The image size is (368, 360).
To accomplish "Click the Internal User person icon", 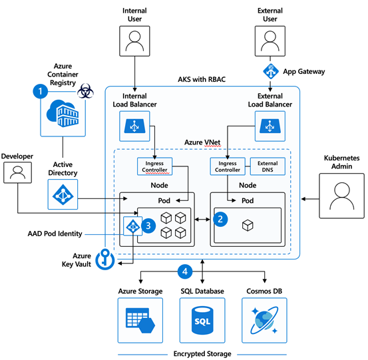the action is [x=134, y=41].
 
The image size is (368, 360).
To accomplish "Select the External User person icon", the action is [x=270, y=41].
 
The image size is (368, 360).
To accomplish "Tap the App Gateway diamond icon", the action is [x=271, y=71].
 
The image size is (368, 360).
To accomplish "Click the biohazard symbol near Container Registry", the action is [x=85, y=90].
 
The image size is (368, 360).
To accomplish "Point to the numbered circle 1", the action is [x=41, y=91].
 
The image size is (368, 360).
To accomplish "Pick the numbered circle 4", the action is [x=185, y=271].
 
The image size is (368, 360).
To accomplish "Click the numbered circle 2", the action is [x=220, y=219].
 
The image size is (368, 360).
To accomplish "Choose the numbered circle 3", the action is [x=148, y=226].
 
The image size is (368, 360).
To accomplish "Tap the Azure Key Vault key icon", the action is [x=105, y=259].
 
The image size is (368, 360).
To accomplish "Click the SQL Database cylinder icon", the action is [x=202, y=320].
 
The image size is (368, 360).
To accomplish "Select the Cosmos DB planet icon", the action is [x=264, y=320].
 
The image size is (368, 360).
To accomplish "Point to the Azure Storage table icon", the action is [x=140, y=320].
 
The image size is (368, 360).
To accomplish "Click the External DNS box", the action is [x=268, y=166].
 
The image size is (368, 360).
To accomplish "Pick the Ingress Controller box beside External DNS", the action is [x=228, y=166].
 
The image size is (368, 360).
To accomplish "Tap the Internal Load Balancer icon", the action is [x=134, y=126].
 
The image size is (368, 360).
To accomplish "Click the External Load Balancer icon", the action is [x=270, y=126].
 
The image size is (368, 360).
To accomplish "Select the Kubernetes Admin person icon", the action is [x=342, y=196].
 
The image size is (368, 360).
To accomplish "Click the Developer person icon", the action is [x=17, y=172].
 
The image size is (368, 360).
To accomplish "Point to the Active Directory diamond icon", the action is [x=63, y=194].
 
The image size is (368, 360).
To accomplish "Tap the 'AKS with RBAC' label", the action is [x=202, y=80].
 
